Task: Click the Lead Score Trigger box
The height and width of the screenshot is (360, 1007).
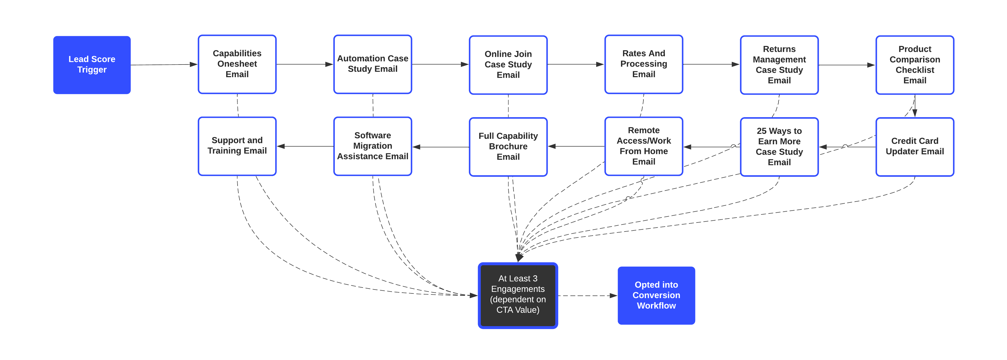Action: coord(92,65)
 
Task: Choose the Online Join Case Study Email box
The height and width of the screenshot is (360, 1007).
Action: coord(508,65)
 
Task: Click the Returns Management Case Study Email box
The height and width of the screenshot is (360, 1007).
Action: coord(779,65)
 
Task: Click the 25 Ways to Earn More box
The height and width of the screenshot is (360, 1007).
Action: coord(779,147)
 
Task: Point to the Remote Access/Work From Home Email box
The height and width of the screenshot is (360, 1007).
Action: coord(643,146)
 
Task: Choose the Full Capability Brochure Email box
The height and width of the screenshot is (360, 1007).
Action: coord(508,147)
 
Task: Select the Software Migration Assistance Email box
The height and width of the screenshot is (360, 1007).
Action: coord(373,146)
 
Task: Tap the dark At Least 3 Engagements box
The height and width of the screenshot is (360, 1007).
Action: coord(518,295)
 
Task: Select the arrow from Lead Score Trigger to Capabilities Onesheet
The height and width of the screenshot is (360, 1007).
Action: coord(164,65)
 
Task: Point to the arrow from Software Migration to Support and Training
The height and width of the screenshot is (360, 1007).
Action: coord(305,146)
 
